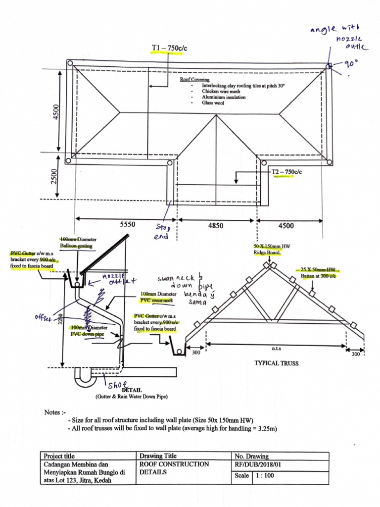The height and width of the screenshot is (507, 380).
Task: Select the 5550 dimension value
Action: (x=127, y=225)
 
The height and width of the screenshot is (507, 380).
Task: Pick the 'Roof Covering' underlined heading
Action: (x=194, y=79)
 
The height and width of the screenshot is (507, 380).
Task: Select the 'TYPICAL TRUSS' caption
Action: (x=276, y=363)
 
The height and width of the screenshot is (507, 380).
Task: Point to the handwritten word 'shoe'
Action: (x=117, y=385)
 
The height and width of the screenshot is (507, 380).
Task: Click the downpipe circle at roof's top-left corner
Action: (x=70, y=63)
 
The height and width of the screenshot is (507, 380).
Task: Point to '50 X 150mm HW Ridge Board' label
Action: (x=267, y=250)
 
